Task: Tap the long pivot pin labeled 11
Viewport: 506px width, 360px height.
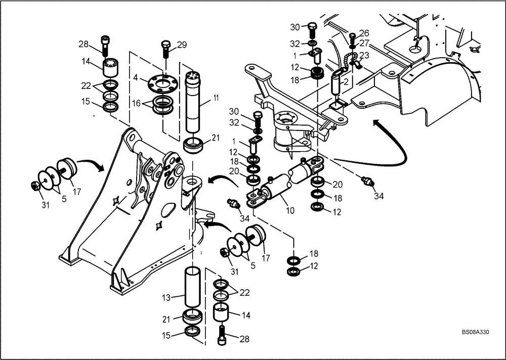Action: tap(195, 101)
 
